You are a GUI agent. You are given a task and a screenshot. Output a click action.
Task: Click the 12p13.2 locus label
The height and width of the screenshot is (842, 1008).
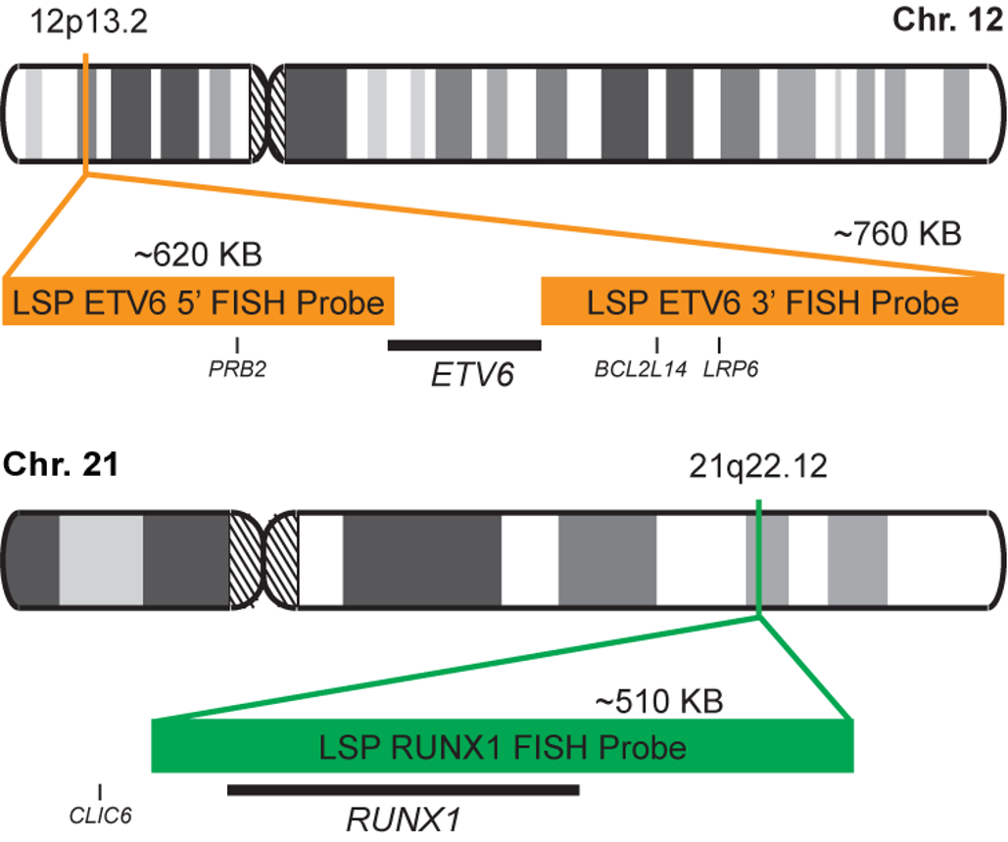[89, 23]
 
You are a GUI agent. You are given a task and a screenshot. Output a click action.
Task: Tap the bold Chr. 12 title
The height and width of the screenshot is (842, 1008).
[946, 21]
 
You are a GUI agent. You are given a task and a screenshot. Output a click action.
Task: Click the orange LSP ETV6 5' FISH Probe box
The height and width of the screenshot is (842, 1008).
[199, 303]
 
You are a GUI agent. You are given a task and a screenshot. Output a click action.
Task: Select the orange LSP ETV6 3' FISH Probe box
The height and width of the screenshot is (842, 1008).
[773, 303]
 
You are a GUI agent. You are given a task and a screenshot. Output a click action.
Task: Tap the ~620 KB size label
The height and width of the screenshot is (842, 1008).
[198, 257]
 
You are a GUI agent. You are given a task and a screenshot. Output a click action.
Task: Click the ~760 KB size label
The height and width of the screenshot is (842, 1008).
[897, 234]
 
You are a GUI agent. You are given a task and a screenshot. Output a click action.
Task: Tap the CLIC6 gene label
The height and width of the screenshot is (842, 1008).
[100, 812]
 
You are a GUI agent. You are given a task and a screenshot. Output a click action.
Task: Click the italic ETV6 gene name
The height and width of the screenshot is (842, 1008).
[472, 375]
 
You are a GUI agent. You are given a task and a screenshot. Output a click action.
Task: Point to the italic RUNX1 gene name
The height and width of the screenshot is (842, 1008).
[403, 818]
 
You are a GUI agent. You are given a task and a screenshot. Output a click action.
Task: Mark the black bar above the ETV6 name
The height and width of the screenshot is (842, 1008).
[464, 345]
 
